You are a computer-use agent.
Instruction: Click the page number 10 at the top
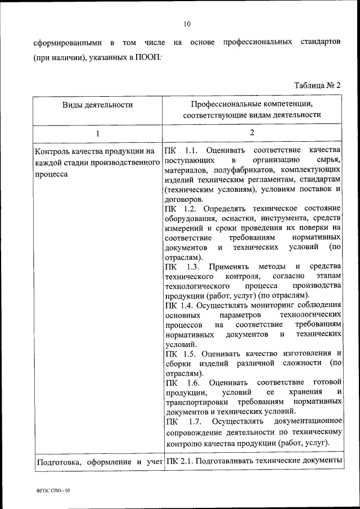[187, 24]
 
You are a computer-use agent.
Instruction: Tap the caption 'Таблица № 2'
[318, 85]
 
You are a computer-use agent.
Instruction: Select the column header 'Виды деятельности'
[97, 105]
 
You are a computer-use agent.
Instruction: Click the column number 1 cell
[97, 133]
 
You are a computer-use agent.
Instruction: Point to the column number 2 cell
[252, 133]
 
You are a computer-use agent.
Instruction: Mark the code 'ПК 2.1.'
[180, 462]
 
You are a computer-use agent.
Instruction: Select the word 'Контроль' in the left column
[52, 151]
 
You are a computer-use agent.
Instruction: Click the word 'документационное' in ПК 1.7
[308, 421]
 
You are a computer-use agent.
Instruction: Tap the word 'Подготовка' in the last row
[56, 462]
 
